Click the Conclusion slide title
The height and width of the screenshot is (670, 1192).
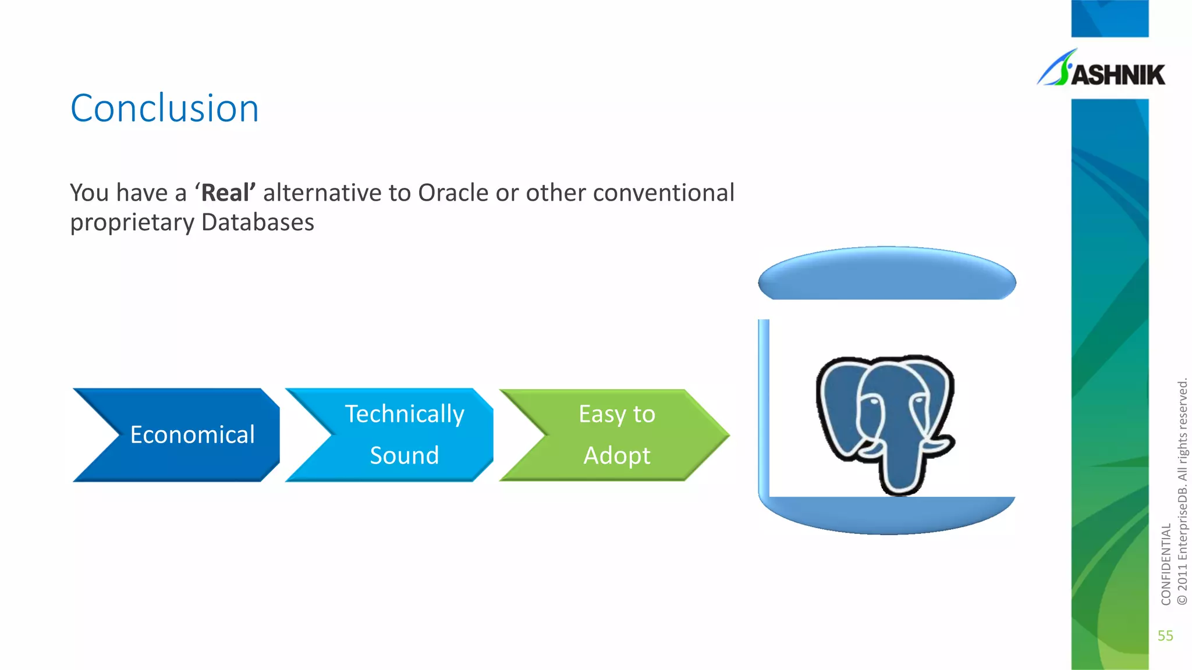click(x=165, y=109)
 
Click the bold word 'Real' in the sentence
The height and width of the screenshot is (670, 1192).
click(x=225, y=193)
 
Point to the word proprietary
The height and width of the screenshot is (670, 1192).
click(x=132, y=223)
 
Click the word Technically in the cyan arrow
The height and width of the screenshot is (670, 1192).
click(x=405, y=414)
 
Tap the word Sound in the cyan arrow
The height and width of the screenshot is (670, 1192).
click(x=404, y=455)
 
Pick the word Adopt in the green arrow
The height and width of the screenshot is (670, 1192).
click(x=616, y=455)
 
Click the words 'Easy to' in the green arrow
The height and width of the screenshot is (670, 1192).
click(x=616, y=414)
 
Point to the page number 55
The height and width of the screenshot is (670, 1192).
click(x=1165, y=636)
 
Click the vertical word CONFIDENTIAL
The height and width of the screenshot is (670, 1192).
click(x=1166, y=564)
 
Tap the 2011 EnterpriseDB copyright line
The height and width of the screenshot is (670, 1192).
click(x=1182, y=492)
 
